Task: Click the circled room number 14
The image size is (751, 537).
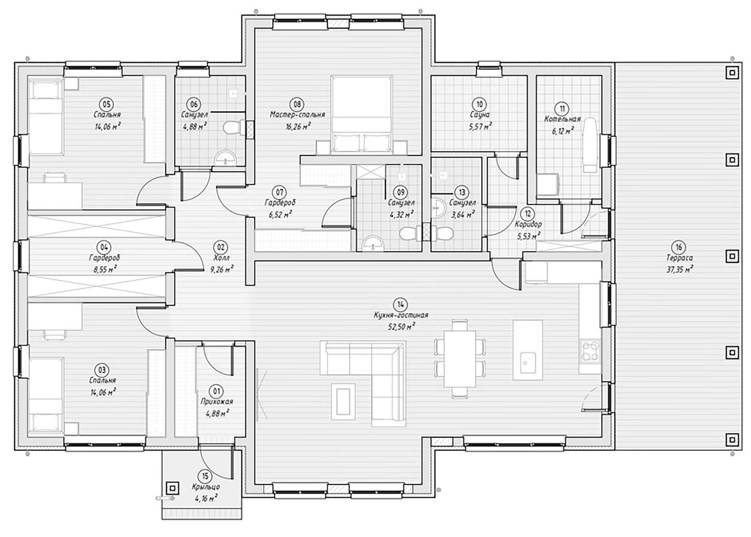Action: pyautogui.click(x=400, y=304)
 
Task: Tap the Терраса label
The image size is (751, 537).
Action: pyautogui.click(x=679, y=258)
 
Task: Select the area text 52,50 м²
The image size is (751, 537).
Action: pyautogui.click(x=401, y=326)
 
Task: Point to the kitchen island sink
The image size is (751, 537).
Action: pyautogui.click(x=528, y=362)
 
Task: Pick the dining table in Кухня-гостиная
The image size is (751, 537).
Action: pyautogui.click(x=460, y=359)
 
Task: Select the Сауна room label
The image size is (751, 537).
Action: pyautogui.click(x=480, y=115)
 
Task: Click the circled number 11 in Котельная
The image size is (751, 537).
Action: pyautogui.click(x=562, y=108)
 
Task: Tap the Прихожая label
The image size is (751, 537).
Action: pyautogui.click(x=217, y=402)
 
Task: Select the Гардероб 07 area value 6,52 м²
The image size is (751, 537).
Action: pyautogui.click(x=280, y=214)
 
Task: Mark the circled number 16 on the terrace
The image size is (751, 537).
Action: pyautogui.click(x=679, y=247)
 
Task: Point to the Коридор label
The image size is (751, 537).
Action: pyautogui.click(x=528, y=224)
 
